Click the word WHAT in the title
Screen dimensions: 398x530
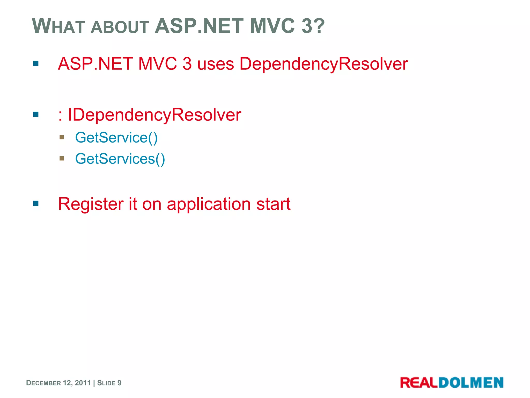[58, 26]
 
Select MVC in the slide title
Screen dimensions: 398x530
[272, 26]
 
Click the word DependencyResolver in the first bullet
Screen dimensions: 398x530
[323, 64]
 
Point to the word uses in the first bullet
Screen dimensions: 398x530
[215, 64]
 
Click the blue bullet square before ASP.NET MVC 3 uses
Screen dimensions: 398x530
[36, 63]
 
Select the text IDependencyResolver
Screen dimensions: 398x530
[154, 115]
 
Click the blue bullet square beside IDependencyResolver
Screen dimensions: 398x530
[36, 114]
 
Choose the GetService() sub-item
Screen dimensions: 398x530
[116, 138]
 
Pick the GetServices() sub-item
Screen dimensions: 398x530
[120, 159]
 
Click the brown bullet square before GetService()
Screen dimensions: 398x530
[62, 137]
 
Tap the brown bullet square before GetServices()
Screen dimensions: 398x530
[62, 158]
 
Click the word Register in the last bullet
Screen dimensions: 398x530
[91, 204]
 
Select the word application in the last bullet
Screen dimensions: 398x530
[209, 204]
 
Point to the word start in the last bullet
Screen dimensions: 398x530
[273, 204]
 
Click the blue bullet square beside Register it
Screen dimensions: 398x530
[36, 203]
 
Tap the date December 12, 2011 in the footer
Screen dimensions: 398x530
[58, 383]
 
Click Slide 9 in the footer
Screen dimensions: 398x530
[109, 383]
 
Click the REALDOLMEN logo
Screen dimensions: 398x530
[452, 382]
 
